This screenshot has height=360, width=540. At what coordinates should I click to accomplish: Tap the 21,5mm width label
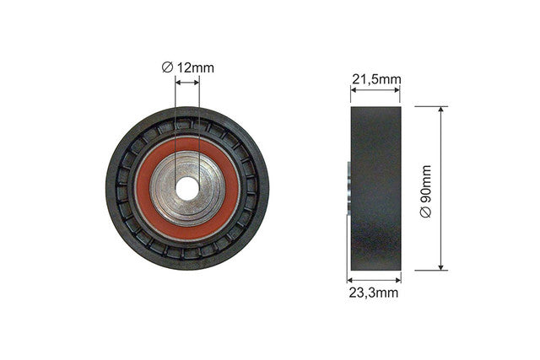(x=376, y=79)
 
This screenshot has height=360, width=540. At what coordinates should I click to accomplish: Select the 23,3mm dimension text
(x=373, y=293)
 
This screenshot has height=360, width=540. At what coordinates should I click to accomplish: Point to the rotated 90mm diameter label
(x=425, y=191)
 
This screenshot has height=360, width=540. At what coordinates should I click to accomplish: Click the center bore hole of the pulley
(x=187, y=189)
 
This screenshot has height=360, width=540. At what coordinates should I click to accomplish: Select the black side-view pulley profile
(x=376, y=189)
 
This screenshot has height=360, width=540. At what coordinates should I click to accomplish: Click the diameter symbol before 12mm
(x=167, y=67)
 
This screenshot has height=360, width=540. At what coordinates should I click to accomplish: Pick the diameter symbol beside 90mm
(x=425, y=212)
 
